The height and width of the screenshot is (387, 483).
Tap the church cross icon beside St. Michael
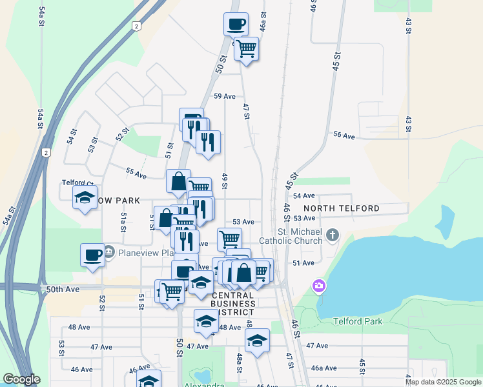pos(333,234)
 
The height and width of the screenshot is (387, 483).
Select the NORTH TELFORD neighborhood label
pos(341,208)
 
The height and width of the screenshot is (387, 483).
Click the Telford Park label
pos(358,321)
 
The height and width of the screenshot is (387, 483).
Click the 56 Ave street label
pos(344,135)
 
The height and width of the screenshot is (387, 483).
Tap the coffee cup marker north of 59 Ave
pos(236,25)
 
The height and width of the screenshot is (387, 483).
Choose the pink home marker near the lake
pos(318,285)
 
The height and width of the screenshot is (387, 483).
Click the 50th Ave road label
pos(62,290)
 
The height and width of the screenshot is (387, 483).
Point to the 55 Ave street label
pos(136,173)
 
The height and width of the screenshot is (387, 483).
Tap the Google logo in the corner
pos(21,380)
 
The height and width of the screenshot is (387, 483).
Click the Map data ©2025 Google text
pos(442,382)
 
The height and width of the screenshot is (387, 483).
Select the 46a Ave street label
pos(324,368)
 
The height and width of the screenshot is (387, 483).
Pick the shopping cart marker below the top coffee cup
pos(246,48)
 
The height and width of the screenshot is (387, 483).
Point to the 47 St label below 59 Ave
pos(246,110)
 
